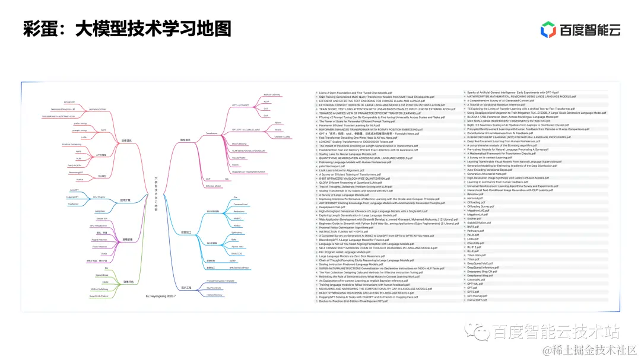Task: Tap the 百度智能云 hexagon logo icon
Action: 548,29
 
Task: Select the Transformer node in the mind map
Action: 211,133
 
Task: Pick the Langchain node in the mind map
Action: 100,211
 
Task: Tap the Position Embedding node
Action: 71,144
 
